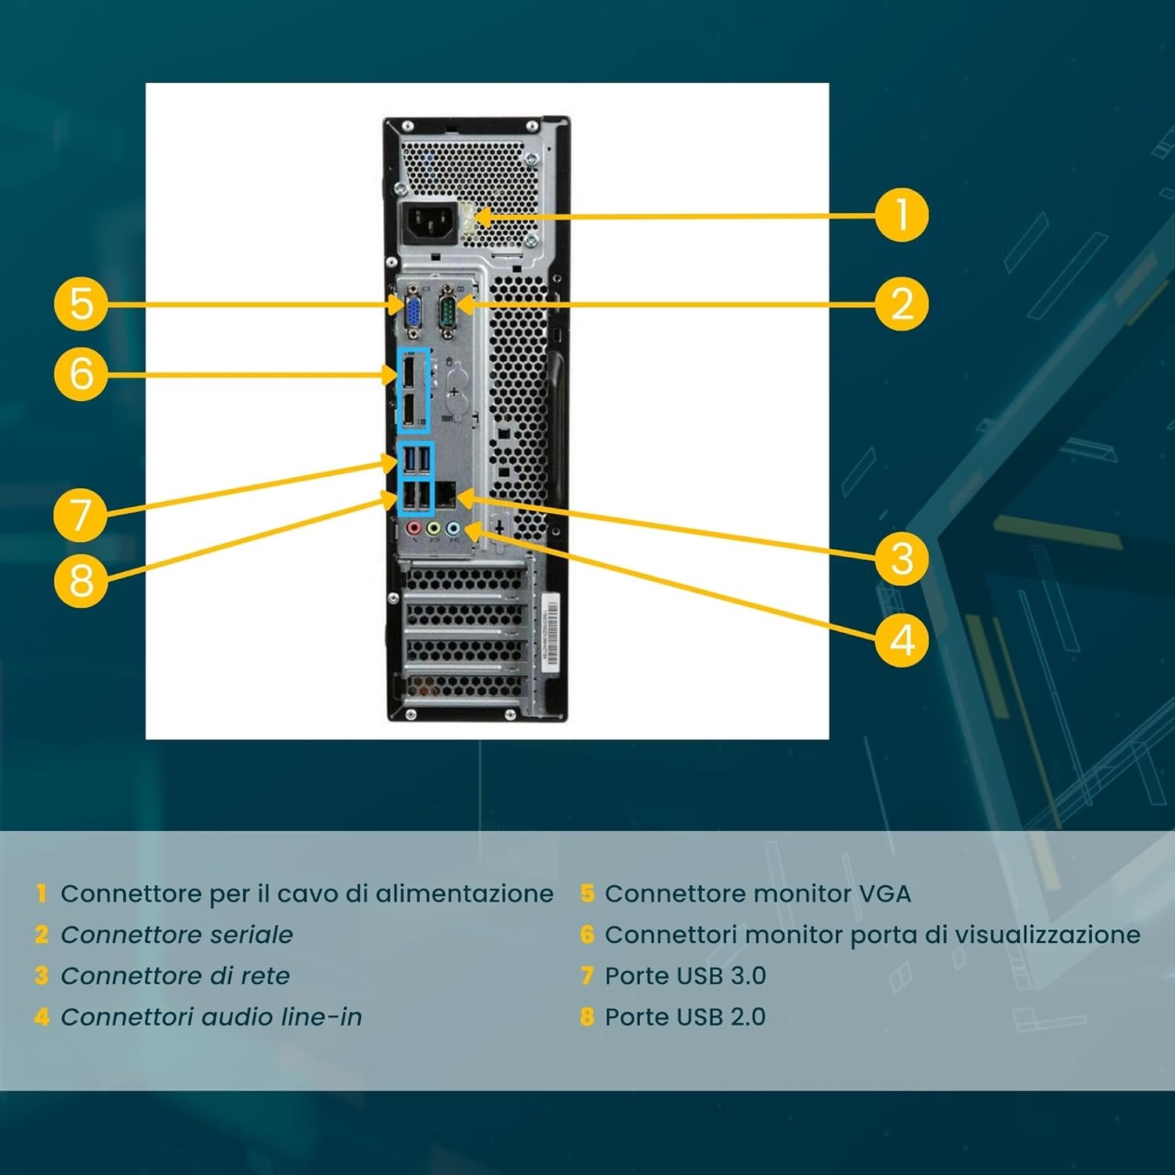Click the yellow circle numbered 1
click(x=901, y=215)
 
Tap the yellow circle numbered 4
click(x=902, y=640)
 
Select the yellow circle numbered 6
click(x=81, y=374)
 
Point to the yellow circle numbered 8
click(x=81, y=580)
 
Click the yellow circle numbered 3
click(x=902, y=559)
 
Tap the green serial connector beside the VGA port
click(x=447, y=308)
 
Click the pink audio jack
click(x=413, y=530)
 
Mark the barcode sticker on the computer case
click(x=551, y=630)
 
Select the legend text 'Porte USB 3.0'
click(x=685, y=976)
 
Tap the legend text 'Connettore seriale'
click(x=176, y=935)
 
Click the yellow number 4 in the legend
click(x=42, y=1017)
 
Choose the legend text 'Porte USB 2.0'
click(x=685, y=1017)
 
